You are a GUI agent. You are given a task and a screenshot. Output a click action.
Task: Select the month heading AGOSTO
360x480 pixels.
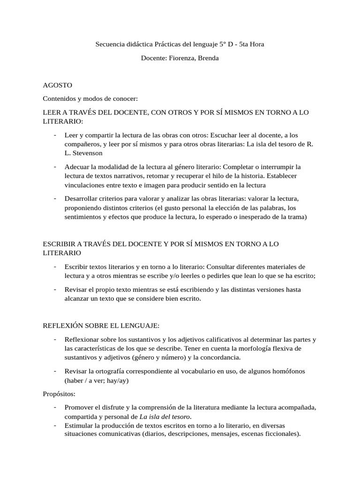[x=57, y=86]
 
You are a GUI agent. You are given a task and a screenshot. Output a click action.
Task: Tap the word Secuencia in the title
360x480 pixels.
[x=111, y=45]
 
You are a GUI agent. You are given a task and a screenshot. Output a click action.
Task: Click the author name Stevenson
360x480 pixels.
[x=86, y=153]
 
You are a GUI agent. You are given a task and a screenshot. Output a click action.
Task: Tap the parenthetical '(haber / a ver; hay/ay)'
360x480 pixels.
[x=97, y=381]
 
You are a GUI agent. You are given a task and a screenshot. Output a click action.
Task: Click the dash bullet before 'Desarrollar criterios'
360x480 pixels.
[x=55, y=197]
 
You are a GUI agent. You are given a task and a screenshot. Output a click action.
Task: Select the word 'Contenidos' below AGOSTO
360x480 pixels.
[x=59, y=99]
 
